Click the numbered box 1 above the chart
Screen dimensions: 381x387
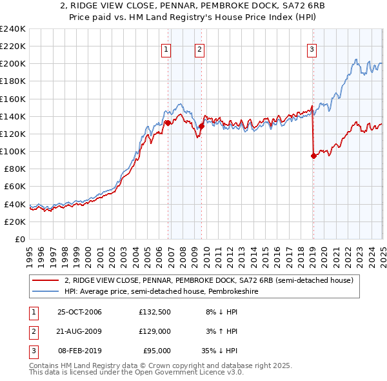coord(166,50)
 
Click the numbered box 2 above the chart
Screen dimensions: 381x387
coord(199,50)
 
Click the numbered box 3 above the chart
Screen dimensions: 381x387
coord(312,50)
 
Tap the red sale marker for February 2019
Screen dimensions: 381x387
coord(313,156)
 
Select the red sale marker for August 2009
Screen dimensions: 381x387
coord(201,127)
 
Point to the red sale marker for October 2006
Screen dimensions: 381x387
coord(168,123)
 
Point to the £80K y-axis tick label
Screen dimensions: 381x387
coord(14,169)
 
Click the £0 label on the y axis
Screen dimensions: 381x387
coord(19,239)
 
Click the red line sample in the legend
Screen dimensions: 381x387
coord(44,281)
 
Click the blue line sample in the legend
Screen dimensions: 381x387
coord(44,291)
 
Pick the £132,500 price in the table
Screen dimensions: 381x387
coord(154,312)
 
